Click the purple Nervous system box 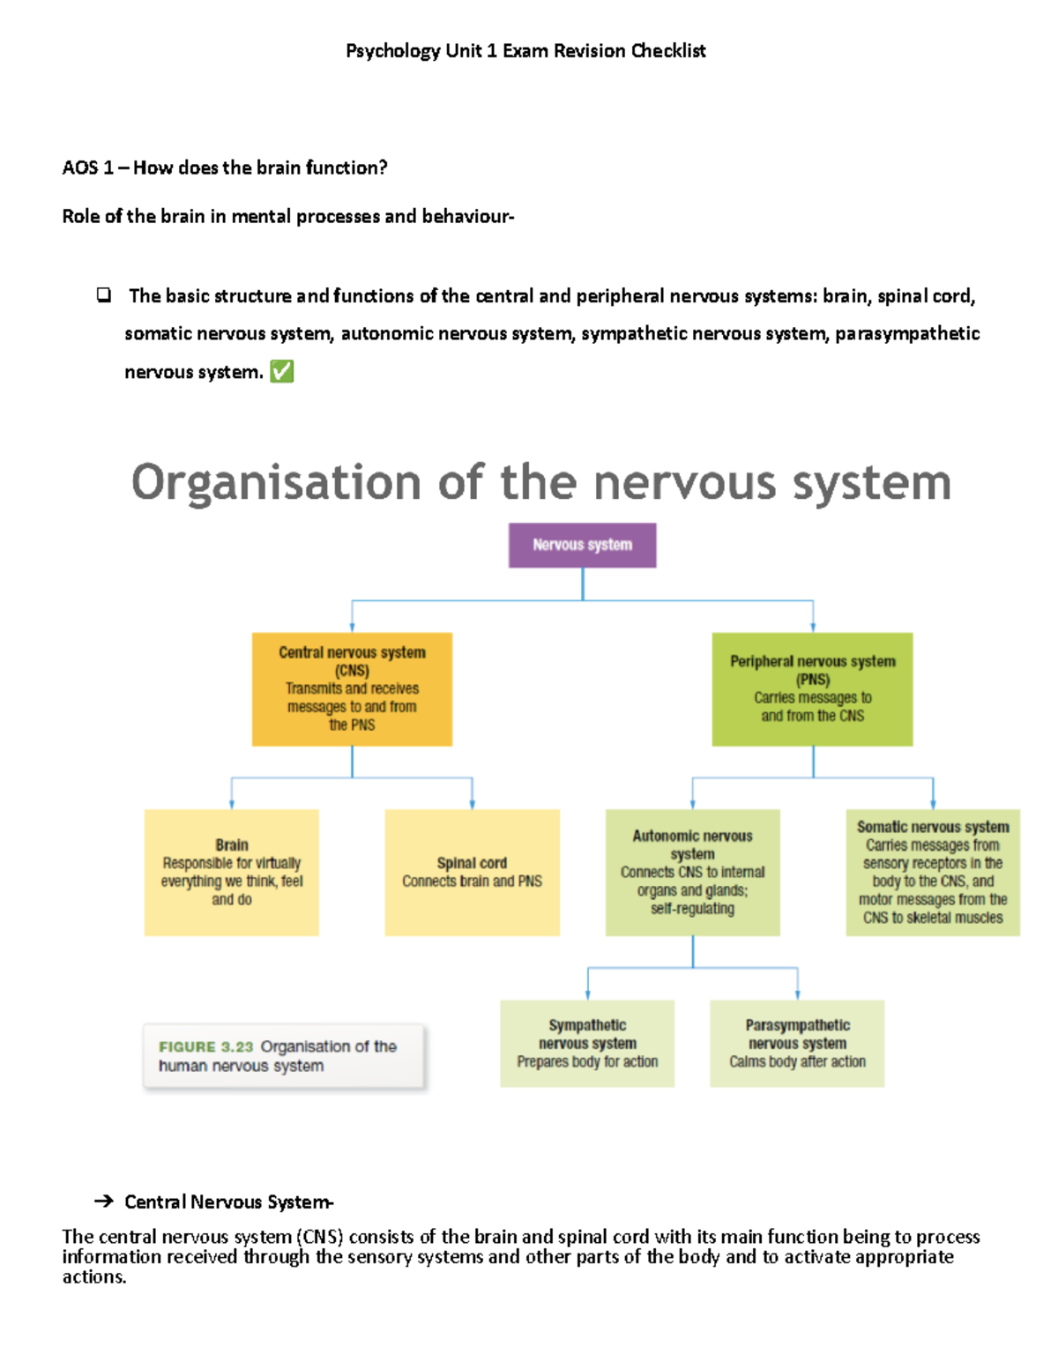point(582,545)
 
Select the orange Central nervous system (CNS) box point(352,688)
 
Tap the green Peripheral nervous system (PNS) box point(812,688)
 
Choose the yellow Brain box point(231,872)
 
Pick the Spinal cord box point(472,872)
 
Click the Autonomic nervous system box point(692,872)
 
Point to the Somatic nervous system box point(932,872)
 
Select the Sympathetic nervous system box point(587,1043)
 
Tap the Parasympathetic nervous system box point(797,1043)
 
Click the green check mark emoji point(281,372)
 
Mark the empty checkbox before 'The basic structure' point(104,295)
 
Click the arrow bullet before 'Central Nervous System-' point(103,1202)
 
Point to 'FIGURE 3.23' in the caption point(205,1046)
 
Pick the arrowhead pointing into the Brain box point(232,804)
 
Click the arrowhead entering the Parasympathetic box point(797,994)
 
